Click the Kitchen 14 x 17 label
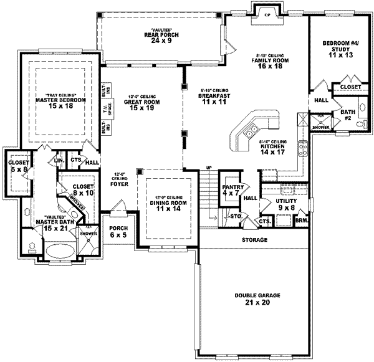(x=272, y=148)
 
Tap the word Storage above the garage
(x=255, y=240)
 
